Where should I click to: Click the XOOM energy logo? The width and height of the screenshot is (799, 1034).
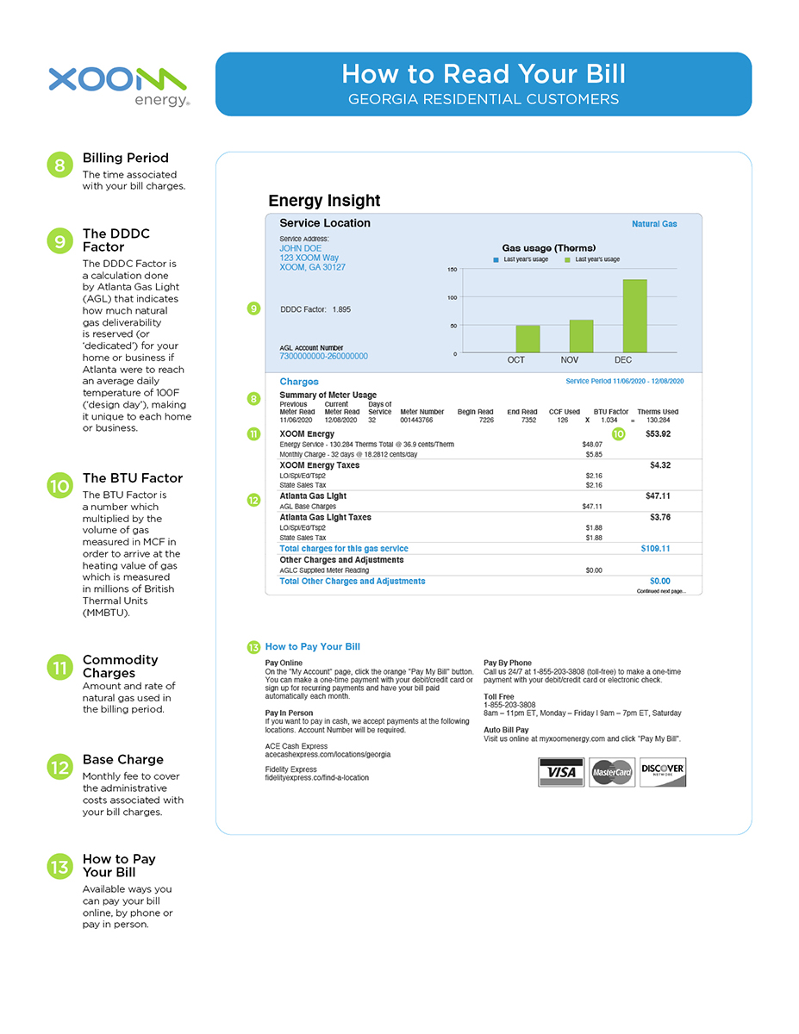click(118, 85)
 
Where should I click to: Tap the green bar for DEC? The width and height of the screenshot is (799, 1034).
click(634, 315)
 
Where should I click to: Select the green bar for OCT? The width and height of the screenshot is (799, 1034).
click(527, 339)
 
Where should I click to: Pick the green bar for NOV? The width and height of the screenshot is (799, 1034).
click(581, 336)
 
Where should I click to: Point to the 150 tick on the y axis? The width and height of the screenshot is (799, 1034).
click(453, 270)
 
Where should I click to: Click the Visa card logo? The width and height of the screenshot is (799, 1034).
click(561, 772)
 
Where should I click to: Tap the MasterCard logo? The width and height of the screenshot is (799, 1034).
click(613, 772)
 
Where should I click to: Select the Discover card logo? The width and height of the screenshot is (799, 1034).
click(664, 772)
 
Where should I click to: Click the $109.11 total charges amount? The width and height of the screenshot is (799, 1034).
click(655, 548)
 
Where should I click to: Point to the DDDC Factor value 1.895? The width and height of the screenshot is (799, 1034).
click(341, 308)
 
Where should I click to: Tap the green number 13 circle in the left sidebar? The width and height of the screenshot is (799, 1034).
click(59, 867)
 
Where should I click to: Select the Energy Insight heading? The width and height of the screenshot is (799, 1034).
click(324, 201)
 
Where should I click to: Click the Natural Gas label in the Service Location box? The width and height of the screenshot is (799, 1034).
click(654, 224)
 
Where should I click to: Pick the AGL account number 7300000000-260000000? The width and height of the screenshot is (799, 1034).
click(323, 356)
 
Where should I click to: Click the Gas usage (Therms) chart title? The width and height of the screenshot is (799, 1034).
click(548, 248)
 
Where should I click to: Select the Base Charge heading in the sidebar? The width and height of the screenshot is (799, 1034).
click(122, 759)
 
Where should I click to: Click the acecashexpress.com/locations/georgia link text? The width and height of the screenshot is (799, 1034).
click(328, 754)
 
